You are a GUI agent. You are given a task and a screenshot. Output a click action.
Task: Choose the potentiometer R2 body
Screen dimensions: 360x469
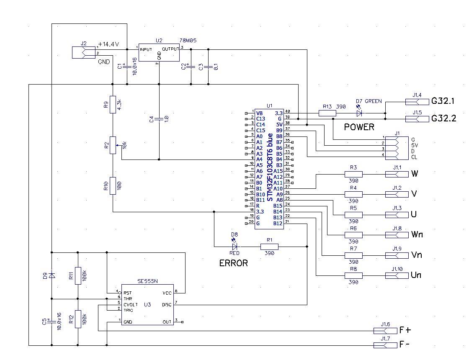pyautogui.click(x=112, y=145)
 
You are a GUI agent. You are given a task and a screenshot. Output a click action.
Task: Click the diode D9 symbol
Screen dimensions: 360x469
pyautogui.click(x=51, y=275)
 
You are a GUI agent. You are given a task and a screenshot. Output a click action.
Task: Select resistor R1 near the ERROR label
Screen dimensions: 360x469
pyautogui.click(x=269, y=247)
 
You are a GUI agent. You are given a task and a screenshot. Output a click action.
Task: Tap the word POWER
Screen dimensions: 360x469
pyautogui.click(x=359, y=127)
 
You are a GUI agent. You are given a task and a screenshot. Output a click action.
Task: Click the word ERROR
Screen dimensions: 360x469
pyautogui.click(x=234, y=263)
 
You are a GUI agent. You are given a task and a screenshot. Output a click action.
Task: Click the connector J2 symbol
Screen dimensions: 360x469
pyautogui.click(x=84, y=52)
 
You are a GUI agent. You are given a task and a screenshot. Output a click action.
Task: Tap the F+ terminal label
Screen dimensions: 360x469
pyautogui.click(x=405, y=330)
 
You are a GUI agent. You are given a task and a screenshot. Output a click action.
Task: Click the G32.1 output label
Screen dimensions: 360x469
pyautogui.click(x=443, y=101)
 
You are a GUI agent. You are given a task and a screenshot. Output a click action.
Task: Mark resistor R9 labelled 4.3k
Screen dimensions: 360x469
pyautogui.click(x=112, y=105)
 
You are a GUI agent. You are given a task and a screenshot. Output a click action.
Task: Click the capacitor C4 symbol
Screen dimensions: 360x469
pyautogui.click(x=159, y=120)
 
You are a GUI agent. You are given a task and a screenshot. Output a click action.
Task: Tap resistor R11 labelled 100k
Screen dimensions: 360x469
pyautogui.click(x=77, y=275)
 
